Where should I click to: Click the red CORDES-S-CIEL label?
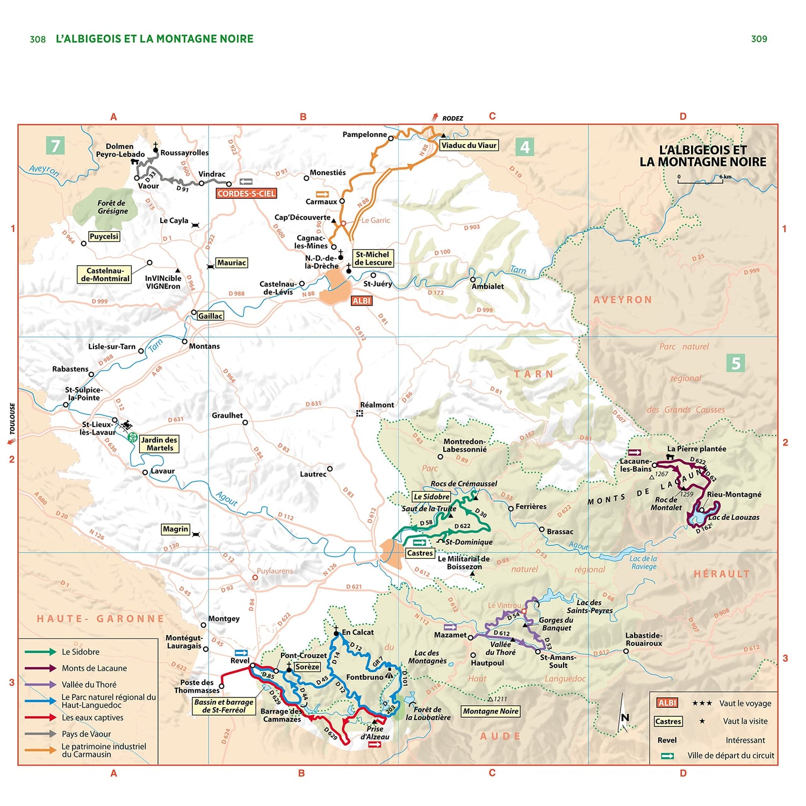[x=246, y=193]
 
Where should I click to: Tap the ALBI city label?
[x=362, y=301]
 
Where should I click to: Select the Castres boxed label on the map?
[x=420, y=553]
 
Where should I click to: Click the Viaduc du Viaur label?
[x=469, y=145]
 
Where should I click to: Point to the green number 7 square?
[x=55, y=146]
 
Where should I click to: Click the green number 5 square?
[x=736, y=363]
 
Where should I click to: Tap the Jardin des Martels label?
[x=160, y=444]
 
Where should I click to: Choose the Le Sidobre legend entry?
[x=81, y=652]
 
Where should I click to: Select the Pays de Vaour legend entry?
[x=86, y=734]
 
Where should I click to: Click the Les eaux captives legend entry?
[x=92, y=718]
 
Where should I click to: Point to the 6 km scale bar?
[x=700, y=181]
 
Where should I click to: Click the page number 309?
[x=759, y=39]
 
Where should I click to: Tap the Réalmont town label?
[x=377, y=405]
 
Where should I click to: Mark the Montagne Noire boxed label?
[x=491, y=711]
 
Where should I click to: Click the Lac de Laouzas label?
[x=733, y=517]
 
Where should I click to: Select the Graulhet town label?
[x=227, y=415]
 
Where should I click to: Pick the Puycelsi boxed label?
[x=104, y=236]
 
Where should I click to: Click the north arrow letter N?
[x=625, y=718]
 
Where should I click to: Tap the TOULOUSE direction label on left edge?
[x=12, y=419]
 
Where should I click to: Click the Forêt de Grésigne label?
[x=112, y=207]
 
